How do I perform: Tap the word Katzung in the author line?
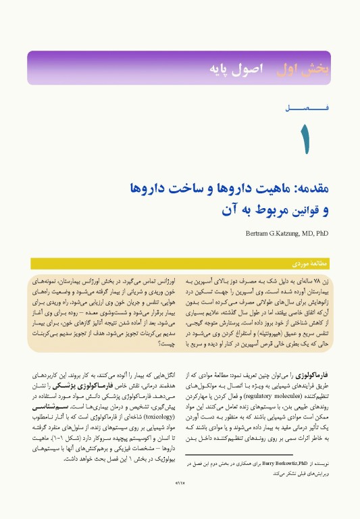tap(288, 233)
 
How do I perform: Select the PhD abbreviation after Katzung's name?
tap(322, 233)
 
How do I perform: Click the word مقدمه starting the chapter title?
tap(311, 189)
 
